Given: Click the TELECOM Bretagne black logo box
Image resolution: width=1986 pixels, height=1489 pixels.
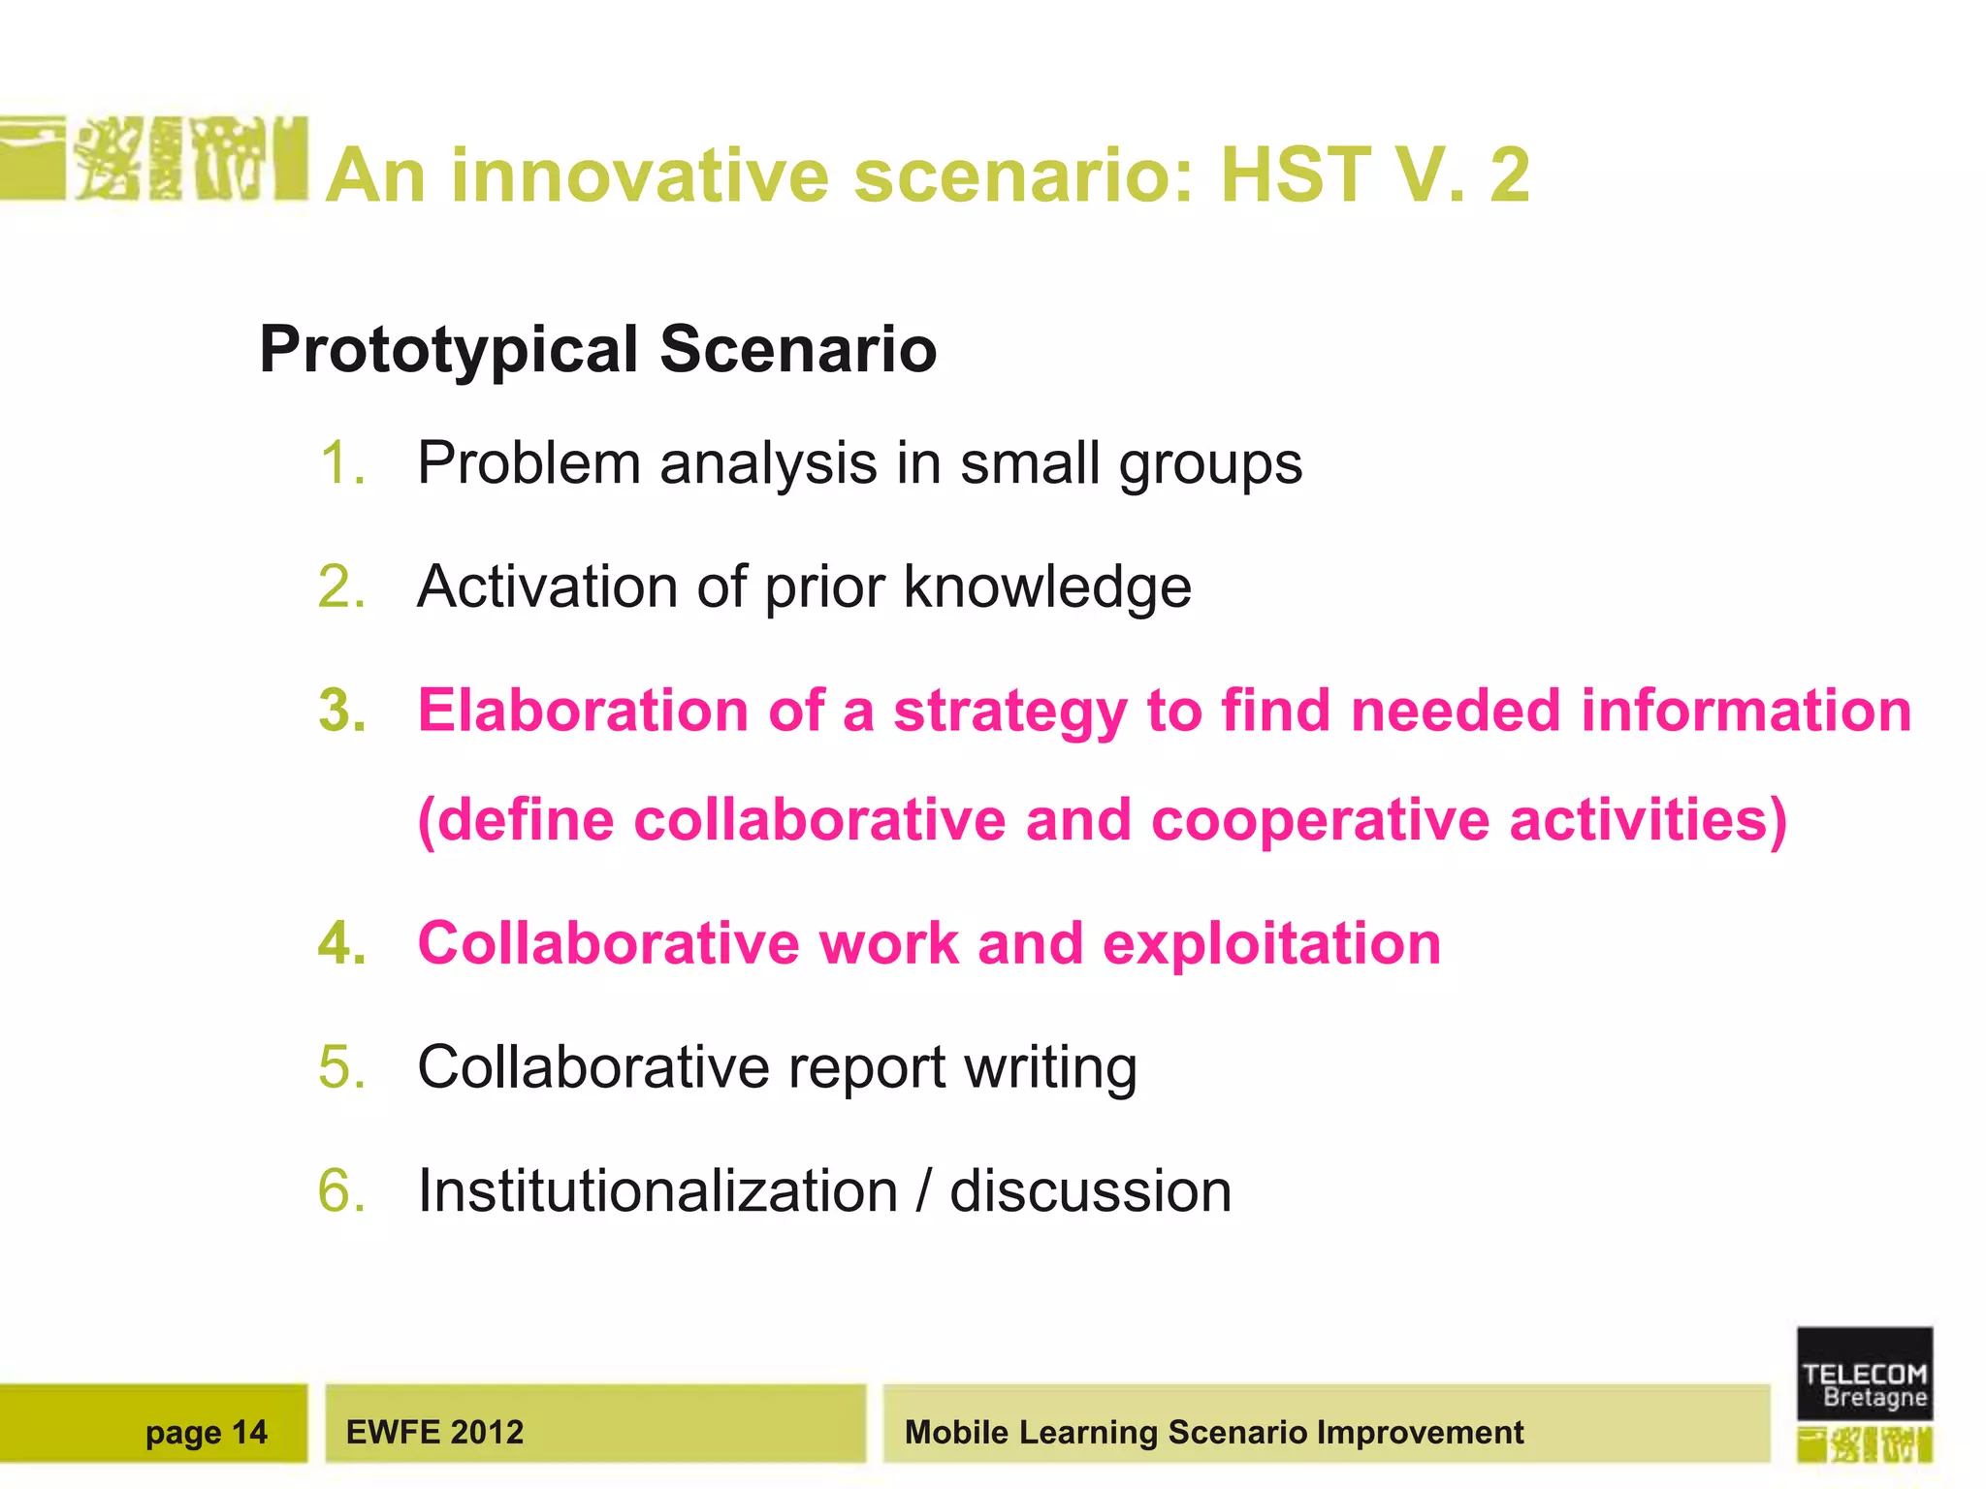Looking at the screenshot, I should (1864, 1373).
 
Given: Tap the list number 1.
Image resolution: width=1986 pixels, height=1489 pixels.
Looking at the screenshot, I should (341, 463).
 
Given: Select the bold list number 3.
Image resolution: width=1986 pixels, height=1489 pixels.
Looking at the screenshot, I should (342, 711).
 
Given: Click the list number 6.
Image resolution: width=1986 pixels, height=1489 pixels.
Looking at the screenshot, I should (342, 1190).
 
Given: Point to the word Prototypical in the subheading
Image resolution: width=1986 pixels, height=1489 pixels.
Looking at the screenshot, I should (449, 350).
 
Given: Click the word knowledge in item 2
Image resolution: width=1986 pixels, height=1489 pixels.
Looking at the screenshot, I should (1047, 587).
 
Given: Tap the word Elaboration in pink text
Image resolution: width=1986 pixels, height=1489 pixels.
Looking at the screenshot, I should (583, 711).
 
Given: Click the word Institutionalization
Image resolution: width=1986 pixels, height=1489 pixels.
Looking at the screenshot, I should (657, 1190).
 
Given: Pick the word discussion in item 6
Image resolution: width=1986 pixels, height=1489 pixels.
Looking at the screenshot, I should (1090, 1190).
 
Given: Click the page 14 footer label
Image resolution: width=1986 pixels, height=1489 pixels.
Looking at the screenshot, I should (206, 1432).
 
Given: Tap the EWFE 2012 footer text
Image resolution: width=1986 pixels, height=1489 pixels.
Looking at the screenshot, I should (434, 1432).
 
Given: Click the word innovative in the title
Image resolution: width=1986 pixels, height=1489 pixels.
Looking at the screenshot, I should (640, 175).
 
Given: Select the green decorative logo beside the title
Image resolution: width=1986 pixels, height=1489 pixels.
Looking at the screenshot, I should (155, 158).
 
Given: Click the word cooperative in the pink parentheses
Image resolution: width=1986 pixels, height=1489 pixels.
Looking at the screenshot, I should (1320, 820).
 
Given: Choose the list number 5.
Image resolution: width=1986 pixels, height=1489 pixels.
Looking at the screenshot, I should (342, 1067).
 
